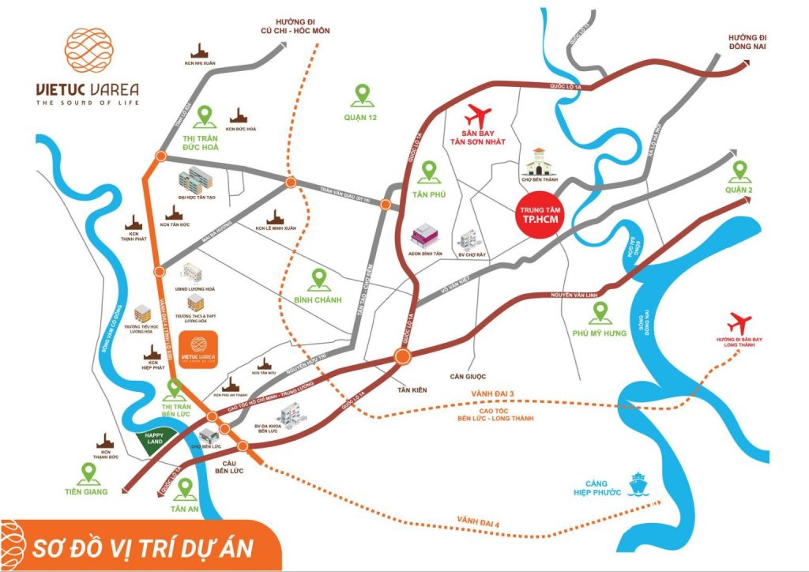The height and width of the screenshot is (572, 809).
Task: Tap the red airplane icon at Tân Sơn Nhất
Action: [x=478, y=115]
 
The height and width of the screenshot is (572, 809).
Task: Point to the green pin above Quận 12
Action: [x=363, y=95]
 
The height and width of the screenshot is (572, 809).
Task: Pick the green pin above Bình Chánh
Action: [x=320, y=279]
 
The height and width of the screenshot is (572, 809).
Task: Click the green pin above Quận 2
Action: [x=740, y=170]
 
